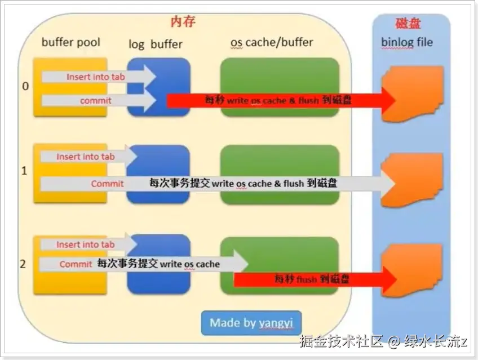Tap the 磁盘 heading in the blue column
coord(408,23)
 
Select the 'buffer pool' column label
coord(71,42)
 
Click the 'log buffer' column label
coord(156,44)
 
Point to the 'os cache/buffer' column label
coord(272,42)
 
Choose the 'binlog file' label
coord(407,42)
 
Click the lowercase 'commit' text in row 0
coord(96,101)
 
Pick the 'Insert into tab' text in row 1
coord(85,157)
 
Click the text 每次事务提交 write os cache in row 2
coord(158,264)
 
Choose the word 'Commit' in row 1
coord(107,184)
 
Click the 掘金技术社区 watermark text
coord(342,341)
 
